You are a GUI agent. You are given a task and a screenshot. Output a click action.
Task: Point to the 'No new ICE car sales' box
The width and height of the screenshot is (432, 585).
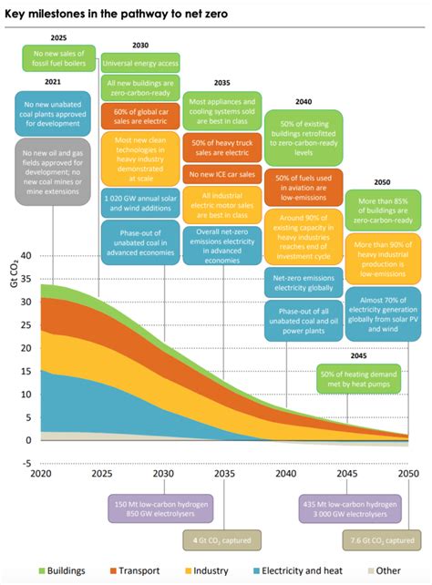[221, 174]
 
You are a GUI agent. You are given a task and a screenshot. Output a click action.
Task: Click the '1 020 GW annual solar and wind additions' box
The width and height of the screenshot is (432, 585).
[140, 200]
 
